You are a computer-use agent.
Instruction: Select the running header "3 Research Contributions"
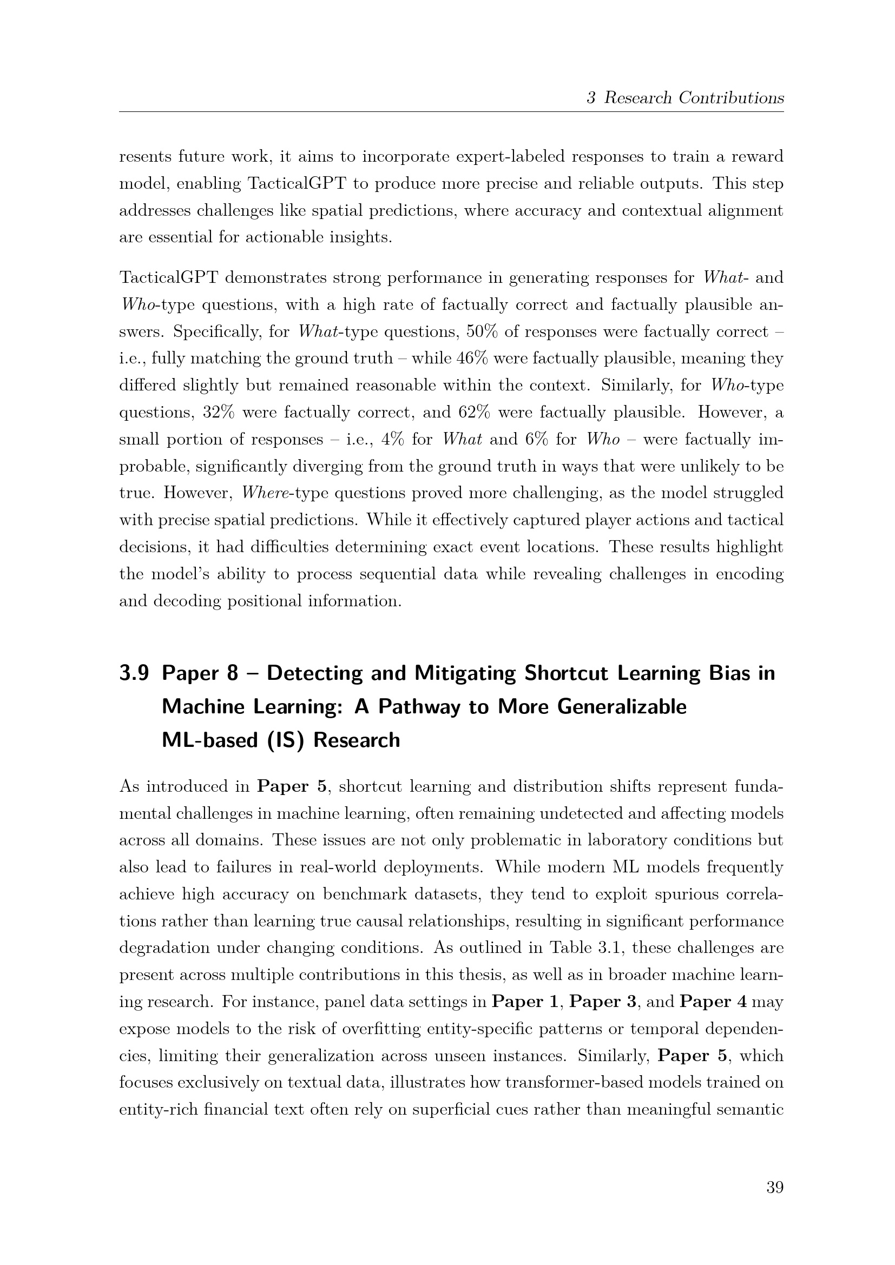click(x=685, y=98)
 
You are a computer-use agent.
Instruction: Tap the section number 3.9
click(x=134, y=673)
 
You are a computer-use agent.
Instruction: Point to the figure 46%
click(x=473, y=359)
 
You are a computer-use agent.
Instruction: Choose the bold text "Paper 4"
click(x=713, y=1002)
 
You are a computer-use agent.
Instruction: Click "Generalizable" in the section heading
click(x=622, y=707)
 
